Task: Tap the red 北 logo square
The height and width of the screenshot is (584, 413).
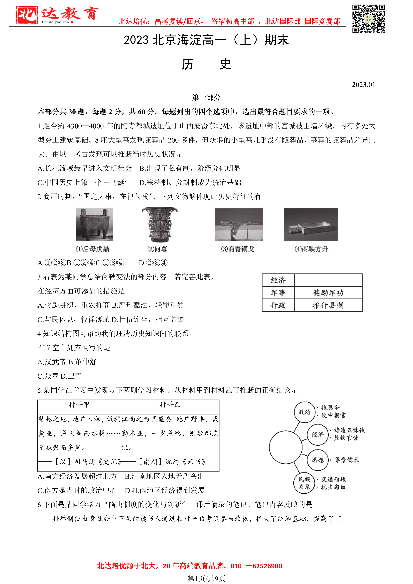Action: (x=27, y=15)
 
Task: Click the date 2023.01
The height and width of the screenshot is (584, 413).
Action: (x=363, y=85)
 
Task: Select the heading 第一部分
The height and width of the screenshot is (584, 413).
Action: (x=206, y=97)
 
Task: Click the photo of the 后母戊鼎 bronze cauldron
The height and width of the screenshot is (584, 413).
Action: (x=94, y=224)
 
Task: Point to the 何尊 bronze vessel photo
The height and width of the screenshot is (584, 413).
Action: (x=159, y=224)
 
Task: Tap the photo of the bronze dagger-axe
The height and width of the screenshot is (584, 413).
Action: (x=239, y=224)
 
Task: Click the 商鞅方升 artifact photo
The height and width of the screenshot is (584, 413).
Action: (x=311, y=224)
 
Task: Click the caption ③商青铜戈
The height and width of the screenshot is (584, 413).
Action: (x=238, y=249)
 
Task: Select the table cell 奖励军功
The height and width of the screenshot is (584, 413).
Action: (x=328, y=293)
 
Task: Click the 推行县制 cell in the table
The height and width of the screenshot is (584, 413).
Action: (x=328, y=305)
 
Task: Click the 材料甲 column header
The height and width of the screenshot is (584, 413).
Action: (x=79, y=405)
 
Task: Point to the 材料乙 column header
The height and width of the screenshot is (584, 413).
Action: (x=170, y=405)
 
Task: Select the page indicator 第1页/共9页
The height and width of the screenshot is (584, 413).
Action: (x=206, y=578)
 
